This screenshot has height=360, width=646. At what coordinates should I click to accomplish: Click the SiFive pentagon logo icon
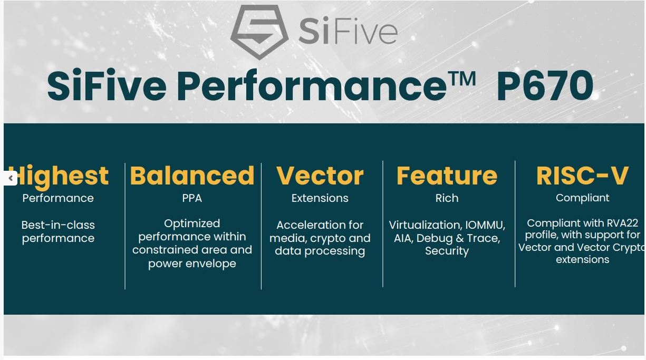coord(259,32)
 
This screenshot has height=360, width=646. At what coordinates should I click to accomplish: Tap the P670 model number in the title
coord(544,86)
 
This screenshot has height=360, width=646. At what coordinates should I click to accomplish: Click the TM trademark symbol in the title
coord(461,79)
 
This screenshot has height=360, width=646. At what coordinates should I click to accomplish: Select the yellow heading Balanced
coord(192,176)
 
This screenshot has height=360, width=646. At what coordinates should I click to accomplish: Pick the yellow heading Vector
coord(320,176)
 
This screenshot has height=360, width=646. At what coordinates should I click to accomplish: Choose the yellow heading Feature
coord(447,176)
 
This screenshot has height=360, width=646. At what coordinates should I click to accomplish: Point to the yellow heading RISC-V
coord(582,176)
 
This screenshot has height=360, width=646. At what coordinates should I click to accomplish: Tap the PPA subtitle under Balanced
coord(192,198)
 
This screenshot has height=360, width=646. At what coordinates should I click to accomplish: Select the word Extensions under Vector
coord(320,198)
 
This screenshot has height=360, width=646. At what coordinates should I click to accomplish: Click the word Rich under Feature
coord(447,198)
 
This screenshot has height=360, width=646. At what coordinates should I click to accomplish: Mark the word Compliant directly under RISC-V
coord(582,198)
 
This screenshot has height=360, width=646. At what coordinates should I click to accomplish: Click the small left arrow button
coord(11,178)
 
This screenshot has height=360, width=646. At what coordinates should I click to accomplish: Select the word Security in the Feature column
coord(447,251)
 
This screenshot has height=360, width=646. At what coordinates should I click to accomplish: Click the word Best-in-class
coord(58,225)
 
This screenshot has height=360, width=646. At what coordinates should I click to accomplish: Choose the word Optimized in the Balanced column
coord(192,223)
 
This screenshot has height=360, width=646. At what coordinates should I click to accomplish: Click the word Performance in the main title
coord(312,86)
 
